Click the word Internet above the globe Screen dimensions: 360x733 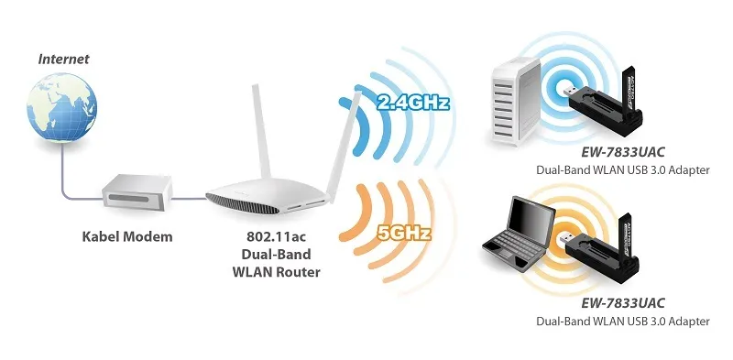point(63,59)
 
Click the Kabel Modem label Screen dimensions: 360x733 point(126,237)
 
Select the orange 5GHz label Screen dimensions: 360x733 point(404,232)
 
